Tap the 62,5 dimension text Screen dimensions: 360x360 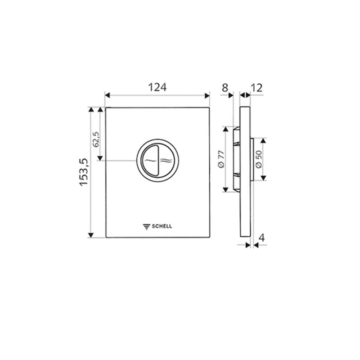tap(96, 140)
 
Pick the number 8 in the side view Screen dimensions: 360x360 tap(225, 87)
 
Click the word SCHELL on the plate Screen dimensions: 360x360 tap(162, 226)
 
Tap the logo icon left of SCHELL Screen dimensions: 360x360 tap(146, 226)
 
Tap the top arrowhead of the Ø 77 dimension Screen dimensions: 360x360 tap(225, 130)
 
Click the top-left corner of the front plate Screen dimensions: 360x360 tap(106, 108)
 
